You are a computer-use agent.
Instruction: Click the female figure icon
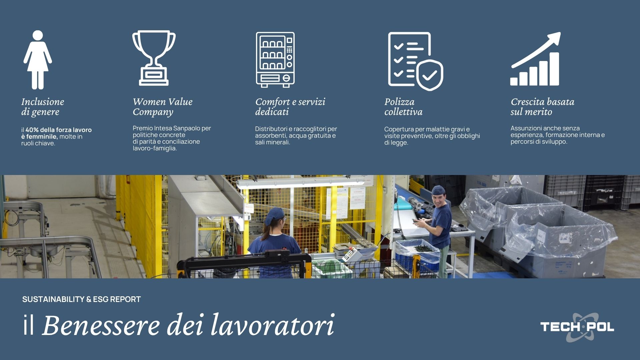(38, 60)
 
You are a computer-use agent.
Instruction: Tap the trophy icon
(154, 58)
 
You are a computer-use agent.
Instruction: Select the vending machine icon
(275, 60)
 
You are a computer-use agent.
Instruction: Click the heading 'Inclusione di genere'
(43, 107)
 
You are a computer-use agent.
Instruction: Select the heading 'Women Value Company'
(163, 107)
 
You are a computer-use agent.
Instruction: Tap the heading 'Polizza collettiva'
(403, 107)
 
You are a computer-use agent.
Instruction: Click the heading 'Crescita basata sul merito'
(542, 107)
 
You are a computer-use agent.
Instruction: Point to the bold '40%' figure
(32, 130)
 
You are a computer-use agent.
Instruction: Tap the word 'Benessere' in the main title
(101, 325)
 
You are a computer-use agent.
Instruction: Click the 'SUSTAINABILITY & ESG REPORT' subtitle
(81, 299)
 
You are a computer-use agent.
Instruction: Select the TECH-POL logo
(577, 327)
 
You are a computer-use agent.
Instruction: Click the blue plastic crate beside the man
(417, 255)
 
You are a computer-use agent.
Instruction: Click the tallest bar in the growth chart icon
(554, 69)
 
